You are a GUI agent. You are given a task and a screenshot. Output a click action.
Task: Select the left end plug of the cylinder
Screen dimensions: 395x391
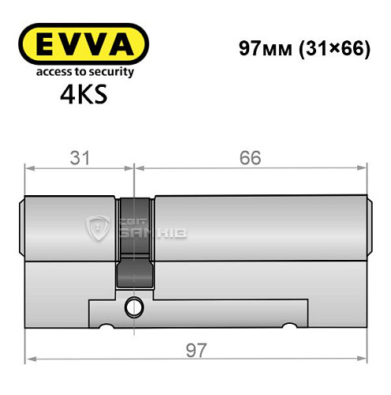tap(23, 229)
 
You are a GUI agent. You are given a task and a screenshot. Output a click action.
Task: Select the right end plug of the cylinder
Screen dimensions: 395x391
tap(367, 229)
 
